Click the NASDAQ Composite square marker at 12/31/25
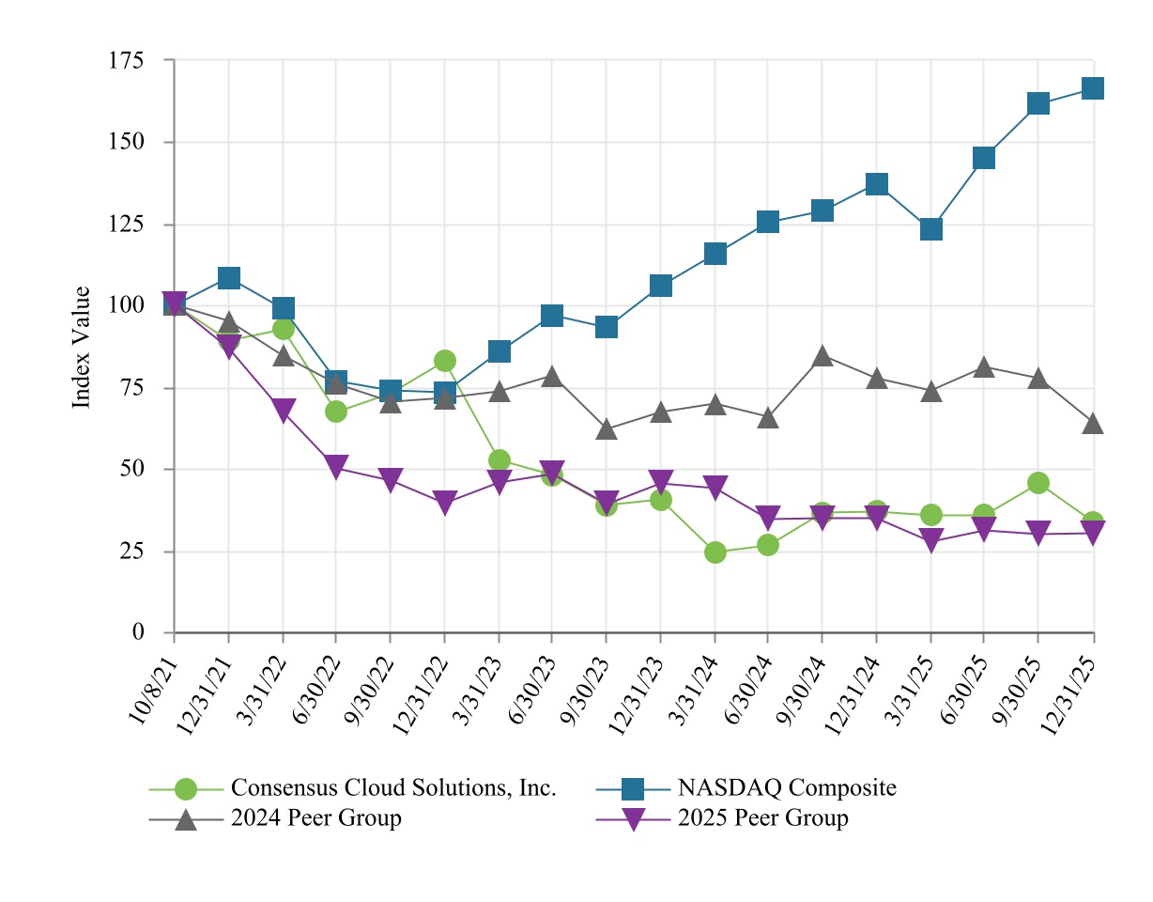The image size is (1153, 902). (1093, 88)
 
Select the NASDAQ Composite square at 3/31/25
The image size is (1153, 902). (930, 229)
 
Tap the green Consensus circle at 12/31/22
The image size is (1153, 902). (445, 361)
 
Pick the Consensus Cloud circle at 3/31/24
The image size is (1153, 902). (715, 552)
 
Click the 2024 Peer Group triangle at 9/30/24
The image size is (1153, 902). (822, 356)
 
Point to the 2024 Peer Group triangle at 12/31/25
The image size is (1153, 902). (1093, 424)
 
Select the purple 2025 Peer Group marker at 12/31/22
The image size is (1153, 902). (445, 503)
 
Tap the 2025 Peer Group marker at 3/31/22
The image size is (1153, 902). (284, 411)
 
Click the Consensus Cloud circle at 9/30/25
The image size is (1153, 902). (1038, 483)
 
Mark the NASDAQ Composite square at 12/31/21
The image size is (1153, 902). (229, 278)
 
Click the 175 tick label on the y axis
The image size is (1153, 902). (126, 61)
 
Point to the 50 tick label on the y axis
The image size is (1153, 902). (132, 469)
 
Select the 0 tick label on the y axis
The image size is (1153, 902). (138, 632)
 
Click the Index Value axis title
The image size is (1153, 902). (83, 347)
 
